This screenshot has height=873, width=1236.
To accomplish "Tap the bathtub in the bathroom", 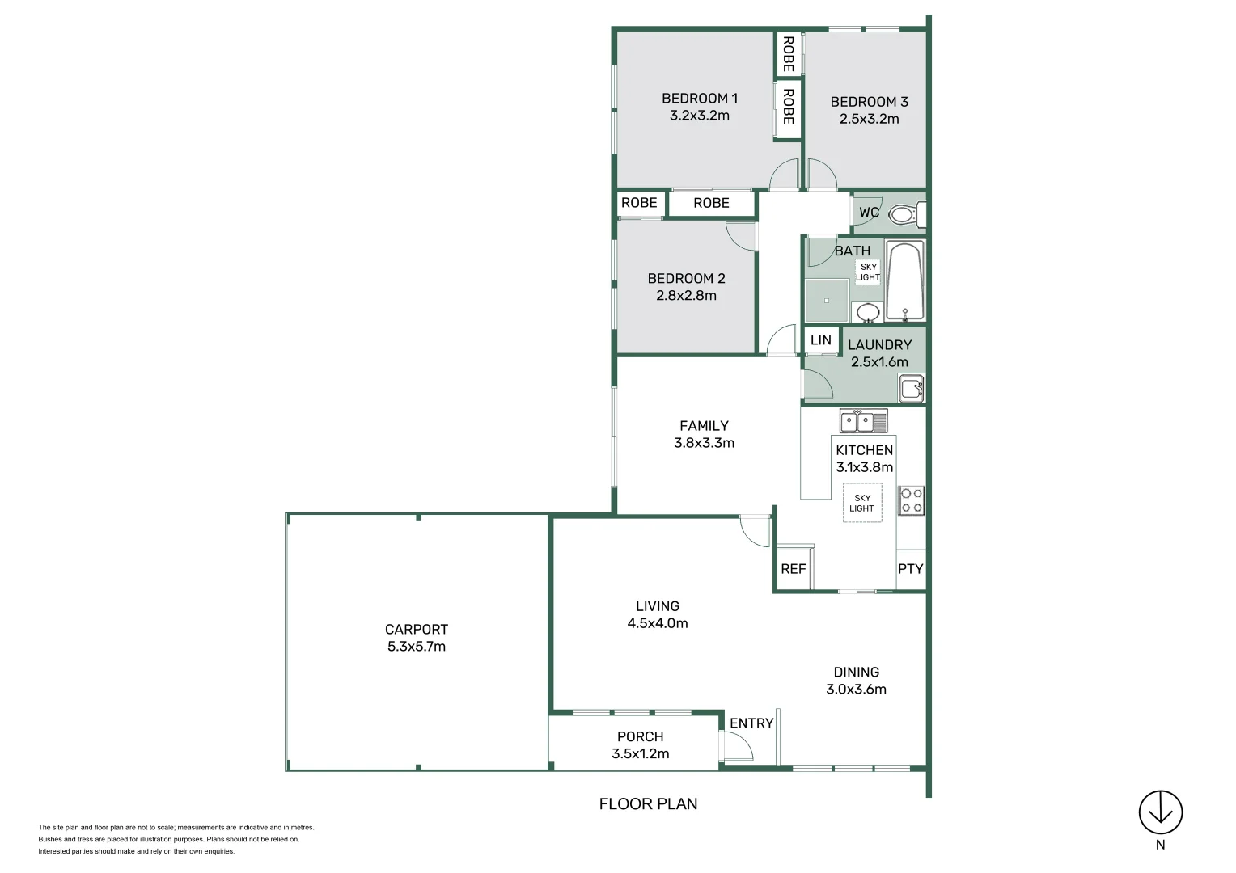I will pyautogui.click(x=904, y=281).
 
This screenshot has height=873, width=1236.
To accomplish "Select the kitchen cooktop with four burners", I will pyautogui.click(x=912, y=500).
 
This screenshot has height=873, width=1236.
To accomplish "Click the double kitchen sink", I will pyautogui.click(x=863, y=421).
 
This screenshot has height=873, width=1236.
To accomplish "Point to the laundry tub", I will pyautogui.click(x=912, y=388).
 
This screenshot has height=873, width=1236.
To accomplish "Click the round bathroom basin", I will pyautogui.click(x=868, y=312).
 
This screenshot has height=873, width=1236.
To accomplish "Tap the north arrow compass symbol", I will pyautogui.click(x=1161, y=812).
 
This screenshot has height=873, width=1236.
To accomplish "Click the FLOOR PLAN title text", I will pyautogui.click(x=648, y=804).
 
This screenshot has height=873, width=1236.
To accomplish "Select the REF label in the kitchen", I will pyautogui.click(x=793, y=569).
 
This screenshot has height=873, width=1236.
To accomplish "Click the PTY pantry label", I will pyautogui.click(x=910, y=569).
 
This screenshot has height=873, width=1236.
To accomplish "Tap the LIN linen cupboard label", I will pyautogui.click(x=820, y=340).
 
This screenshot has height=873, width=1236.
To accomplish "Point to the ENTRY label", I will pyautogui.click(x=751, y=723).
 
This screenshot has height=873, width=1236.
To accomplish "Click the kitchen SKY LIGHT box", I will pyautogui.click(x=862, y=504).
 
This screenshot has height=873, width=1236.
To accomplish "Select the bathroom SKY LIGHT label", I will pyautogui.click(x=868, y=272).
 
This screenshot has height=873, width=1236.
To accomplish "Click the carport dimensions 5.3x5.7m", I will pyautogui.click(x=417, y=647).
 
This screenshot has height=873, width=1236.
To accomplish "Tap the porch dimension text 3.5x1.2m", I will pyautogui.click(x=640, y=754).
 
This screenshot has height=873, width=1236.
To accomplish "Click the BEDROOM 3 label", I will pyautogui.click(x=869, y=102).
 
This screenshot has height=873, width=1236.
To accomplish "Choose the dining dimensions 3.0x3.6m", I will pyautogui.click(x=856, y=690).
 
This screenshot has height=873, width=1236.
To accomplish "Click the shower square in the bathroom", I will pyautogui.click(x=826, y=301).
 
